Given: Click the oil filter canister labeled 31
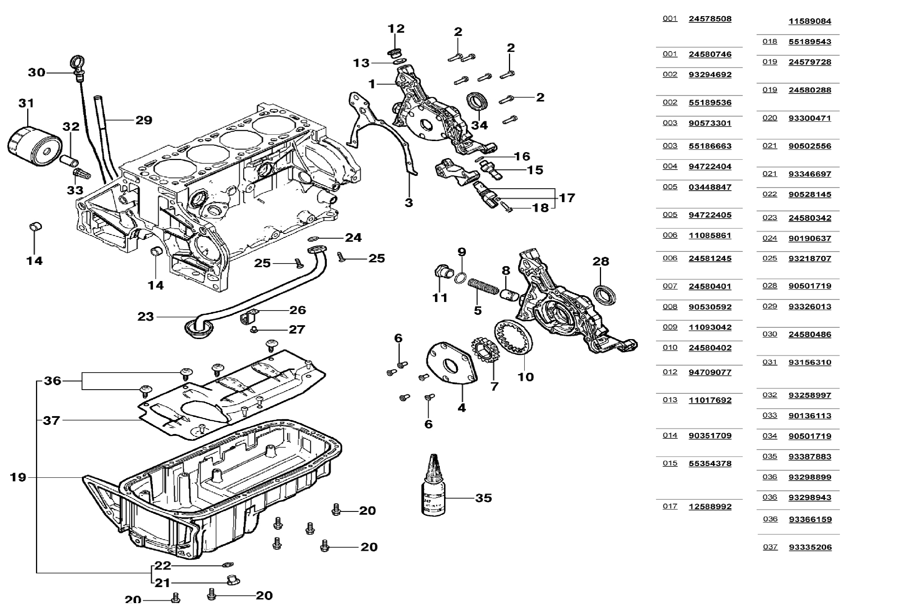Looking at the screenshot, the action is coord(34,145).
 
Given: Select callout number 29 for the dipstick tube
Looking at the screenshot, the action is coord(144,120).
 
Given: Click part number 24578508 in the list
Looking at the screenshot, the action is coord(710,19).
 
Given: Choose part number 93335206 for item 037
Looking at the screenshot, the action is coord(810,547).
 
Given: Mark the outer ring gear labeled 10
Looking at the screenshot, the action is coord(513,337).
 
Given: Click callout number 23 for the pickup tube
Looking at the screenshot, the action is coord(145,316).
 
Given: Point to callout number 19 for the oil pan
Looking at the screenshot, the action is coord(18,477).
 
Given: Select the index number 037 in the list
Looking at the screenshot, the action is coord(770,546).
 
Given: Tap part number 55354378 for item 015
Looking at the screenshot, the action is coord(710,463).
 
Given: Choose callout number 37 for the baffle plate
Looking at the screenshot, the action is coord(52,420).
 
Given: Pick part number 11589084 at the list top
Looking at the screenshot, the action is coord(810,21).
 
